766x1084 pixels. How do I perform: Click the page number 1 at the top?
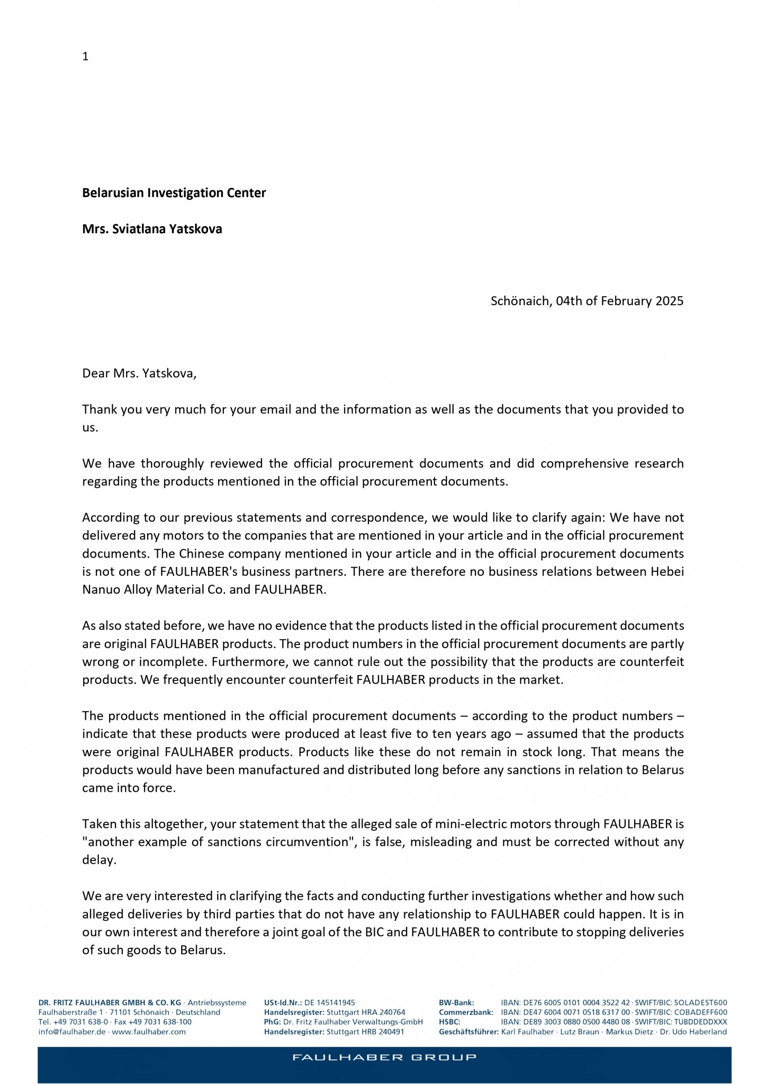pos(86,57)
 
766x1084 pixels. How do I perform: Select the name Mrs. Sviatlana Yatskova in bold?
pos(152,229)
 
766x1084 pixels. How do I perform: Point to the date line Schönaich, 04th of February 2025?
pos(587,301)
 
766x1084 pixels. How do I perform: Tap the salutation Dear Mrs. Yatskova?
pos(139,373)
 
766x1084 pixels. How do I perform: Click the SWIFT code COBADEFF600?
pos(700,1012)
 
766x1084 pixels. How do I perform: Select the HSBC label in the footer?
pos(449,1022)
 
